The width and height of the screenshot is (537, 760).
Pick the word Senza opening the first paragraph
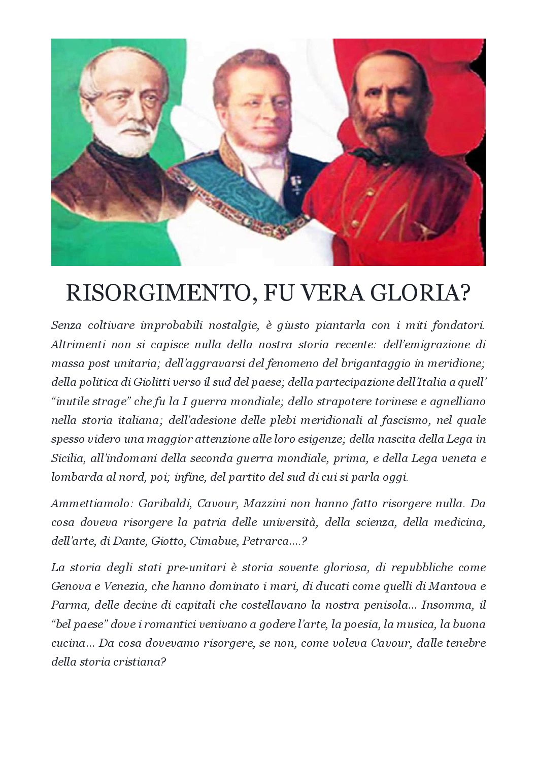66,325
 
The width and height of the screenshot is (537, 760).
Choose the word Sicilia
67,458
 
